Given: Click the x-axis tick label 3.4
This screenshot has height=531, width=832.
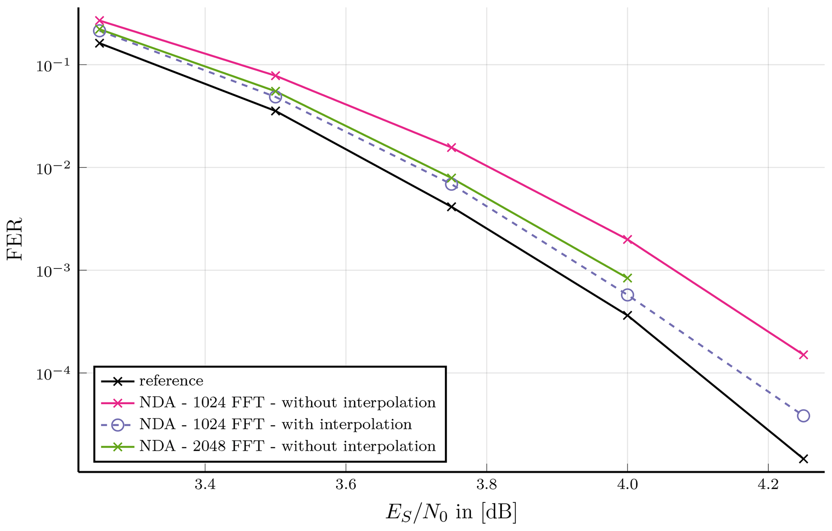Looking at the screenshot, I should [205, 485].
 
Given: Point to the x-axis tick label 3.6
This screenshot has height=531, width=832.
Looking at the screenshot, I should [346, 485].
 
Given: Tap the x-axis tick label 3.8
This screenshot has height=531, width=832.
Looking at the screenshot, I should [486, 485].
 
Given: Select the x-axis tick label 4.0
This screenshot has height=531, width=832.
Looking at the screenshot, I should [627, 485].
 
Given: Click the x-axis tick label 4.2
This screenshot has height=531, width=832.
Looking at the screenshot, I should [768, 485].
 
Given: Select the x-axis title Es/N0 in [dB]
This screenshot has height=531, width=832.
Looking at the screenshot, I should [451, 513].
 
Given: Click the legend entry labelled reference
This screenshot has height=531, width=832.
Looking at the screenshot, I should [171, 381].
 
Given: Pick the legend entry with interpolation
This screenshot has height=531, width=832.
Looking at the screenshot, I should [275, 425].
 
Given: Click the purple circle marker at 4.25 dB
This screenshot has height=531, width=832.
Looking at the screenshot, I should [803, 416].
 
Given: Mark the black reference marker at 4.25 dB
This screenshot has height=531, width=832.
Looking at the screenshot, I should [803, 459].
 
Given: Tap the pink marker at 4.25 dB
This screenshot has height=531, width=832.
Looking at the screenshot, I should [803, 355].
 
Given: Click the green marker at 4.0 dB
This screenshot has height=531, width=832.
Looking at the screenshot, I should [627, 278].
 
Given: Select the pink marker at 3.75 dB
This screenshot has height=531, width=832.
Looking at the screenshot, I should [451, 148].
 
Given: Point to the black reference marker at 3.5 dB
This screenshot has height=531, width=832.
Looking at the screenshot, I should [275, 111].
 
